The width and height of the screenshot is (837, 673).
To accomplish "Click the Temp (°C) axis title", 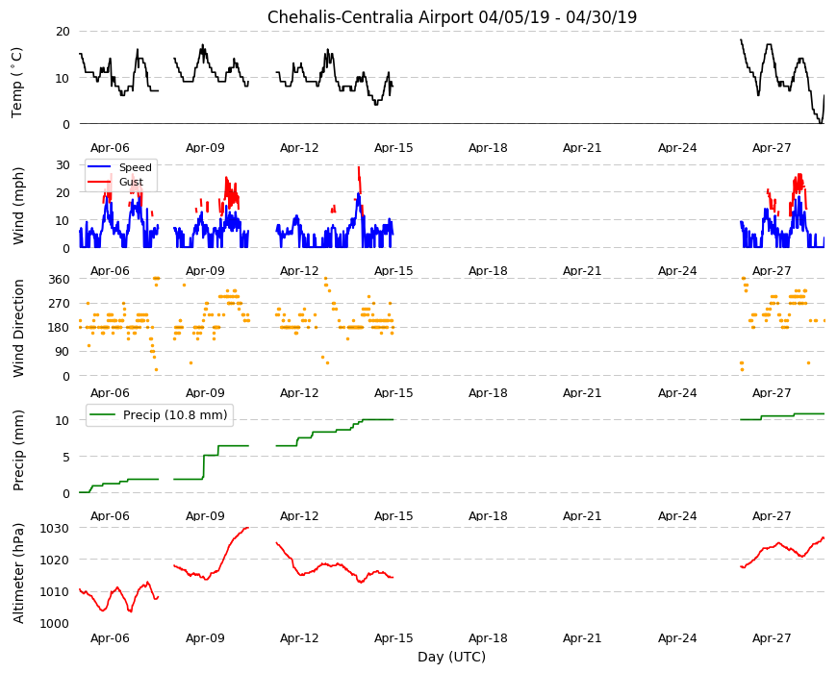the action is [x=17, y=83].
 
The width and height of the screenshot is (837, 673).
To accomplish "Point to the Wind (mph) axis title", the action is [x=18, y=206].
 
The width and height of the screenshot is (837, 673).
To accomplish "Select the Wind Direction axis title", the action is [x=18, y=328].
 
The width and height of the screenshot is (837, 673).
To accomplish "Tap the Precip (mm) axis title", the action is [x=18, y=450].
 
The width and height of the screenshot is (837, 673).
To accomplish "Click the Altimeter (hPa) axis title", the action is [x=18, y=573].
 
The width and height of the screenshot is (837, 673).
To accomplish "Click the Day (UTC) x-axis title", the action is [x=451, y=657].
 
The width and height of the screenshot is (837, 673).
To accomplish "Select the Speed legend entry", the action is [x=120, y=167].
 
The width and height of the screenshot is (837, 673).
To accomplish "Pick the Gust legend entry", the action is [x=115, y=182].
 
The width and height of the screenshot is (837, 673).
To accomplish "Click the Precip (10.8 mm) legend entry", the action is [x=159, y=414].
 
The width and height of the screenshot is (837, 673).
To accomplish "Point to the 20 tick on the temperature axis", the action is [x=63, y=32].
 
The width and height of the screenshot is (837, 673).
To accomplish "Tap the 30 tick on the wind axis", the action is [x=63, y=164].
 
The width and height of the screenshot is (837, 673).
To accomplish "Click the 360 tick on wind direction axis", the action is [x=60, y=279].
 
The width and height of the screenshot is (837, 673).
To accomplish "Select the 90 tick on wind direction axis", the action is [x=63, y=352].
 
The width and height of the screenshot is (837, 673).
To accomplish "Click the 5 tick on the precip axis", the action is [x=66, y=457].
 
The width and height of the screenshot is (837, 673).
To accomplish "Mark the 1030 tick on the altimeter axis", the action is [x=55, y=528].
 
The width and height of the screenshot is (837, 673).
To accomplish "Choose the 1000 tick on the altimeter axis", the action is [x=55, y=623].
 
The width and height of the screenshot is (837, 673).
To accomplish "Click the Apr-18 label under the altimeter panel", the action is [x=488, y=637].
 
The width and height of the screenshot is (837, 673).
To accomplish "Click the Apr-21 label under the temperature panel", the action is [x=582, y=148].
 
